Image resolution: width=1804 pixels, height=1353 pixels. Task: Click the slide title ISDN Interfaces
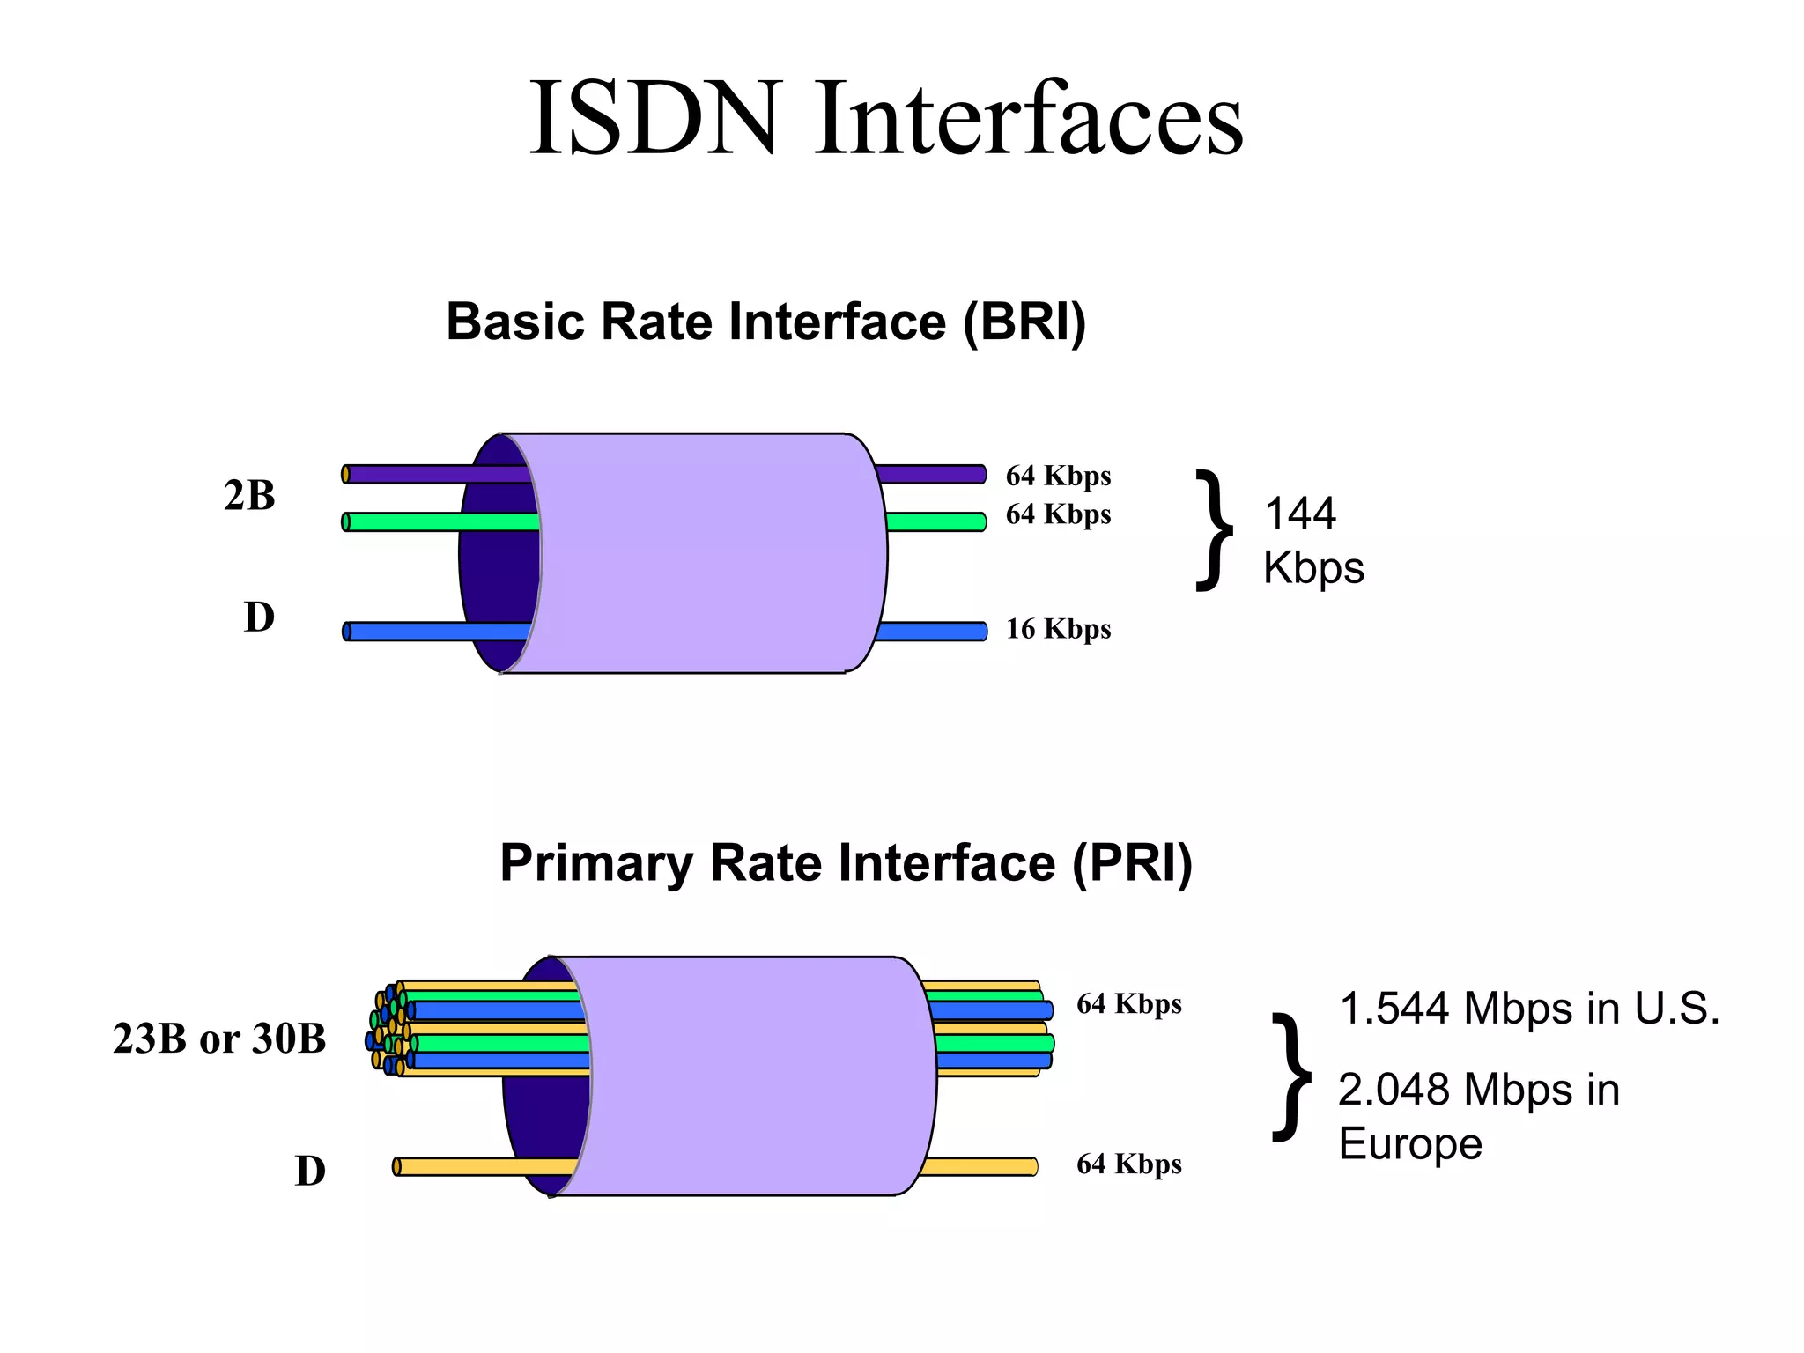point(885,119)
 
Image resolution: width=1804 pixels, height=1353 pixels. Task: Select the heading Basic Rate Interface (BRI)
point(765,322)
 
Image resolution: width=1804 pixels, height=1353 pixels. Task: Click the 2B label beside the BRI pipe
point(249,495)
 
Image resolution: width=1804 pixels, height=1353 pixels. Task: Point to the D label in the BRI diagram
point(259,617)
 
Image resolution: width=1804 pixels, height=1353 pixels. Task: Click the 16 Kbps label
point(1058,629)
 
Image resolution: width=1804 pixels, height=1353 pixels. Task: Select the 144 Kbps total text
point(1312,540)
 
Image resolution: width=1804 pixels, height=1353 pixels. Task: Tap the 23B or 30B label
point(219,1039)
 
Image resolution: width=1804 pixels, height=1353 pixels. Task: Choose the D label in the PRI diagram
point(310,1171)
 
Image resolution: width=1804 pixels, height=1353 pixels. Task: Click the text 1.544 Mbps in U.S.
point(1529,1009)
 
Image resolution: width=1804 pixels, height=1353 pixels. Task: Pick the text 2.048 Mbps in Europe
point(1478,1116)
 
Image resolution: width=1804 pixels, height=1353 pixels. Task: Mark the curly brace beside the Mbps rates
point(1292,1076)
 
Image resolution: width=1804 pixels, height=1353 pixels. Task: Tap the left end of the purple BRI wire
point(347,475)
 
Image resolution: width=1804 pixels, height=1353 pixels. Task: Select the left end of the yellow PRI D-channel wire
point(398,1167)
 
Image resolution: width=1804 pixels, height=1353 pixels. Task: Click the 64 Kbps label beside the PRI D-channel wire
point(1128,1164)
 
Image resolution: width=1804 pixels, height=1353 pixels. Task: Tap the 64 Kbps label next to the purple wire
point(1058,476)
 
